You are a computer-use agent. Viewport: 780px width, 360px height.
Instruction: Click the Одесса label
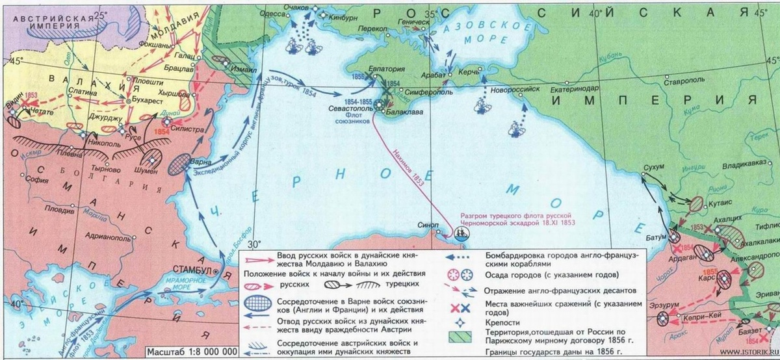272,13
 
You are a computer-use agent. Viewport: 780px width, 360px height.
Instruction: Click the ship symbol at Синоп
463,233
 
